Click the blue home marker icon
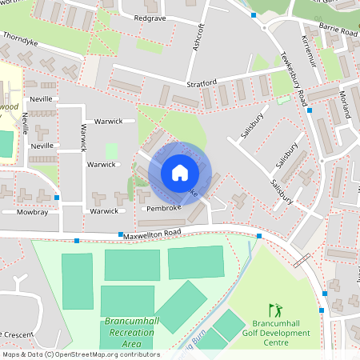(x=179, y=173)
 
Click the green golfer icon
(x=276, y=309)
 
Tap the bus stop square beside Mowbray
(x=58, y=197)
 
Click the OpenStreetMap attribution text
(x=80, y=354)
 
